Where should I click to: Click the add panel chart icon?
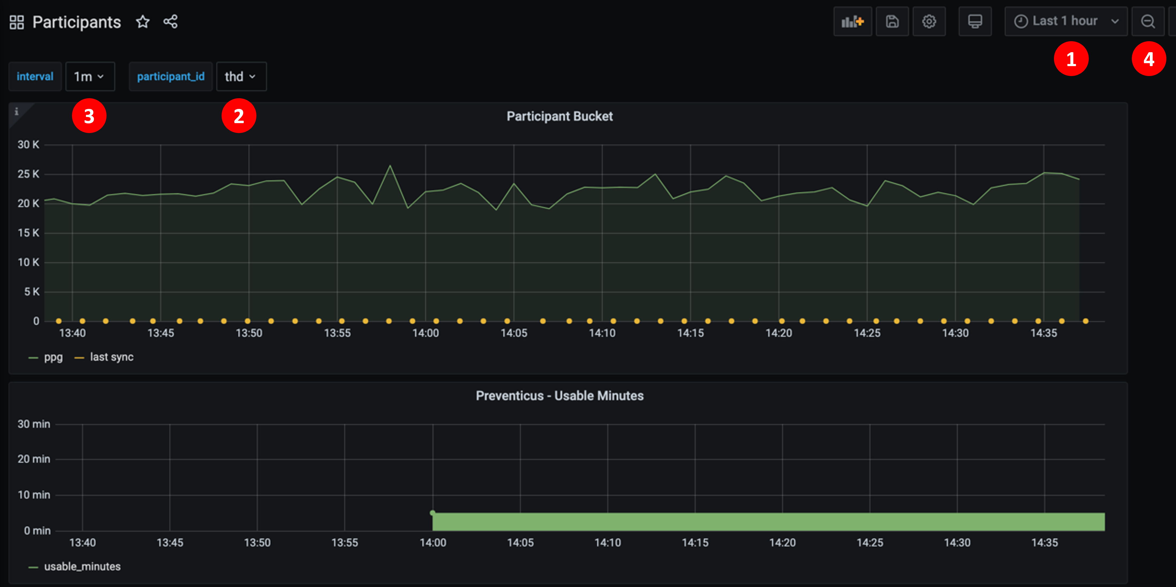[852, 21]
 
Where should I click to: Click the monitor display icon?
[975, 21]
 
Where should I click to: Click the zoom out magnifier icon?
[1148, 21]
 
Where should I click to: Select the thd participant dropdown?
[241, 77]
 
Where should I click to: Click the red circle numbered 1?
[1071, 59]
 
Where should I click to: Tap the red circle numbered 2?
[239, 116]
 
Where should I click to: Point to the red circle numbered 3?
[89, 116]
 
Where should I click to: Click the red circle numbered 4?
[1149, 59]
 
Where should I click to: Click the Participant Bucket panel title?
[559, 116]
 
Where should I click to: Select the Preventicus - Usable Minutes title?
[559, 396]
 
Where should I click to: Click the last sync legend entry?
[111, 357]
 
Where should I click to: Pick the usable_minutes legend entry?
[82, 566]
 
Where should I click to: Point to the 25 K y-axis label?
[28, 174]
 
